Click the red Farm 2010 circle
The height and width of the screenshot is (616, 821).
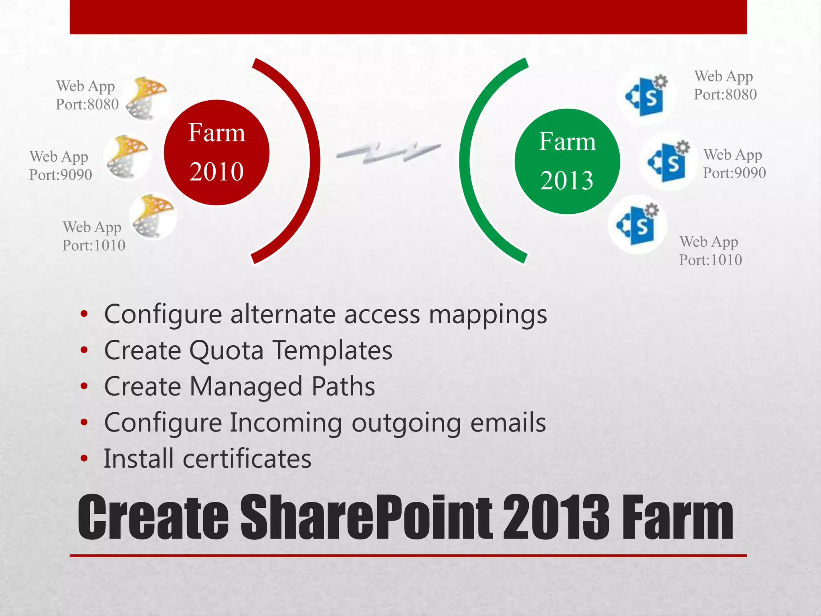point(216,153)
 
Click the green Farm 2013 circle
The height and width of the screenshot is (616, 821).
point(567,162)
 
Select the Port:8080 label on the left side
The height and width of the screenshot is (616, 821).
point(87,104)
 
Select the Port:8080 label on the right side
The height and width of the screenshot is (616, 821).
point(725,95)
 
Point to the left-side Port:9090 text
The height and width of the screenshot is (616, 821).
point(61,175)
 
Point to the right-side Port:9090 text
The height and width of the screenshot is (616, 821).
point(734,173)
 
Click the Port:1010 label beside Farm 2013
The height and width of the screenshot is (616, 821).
point(710,260)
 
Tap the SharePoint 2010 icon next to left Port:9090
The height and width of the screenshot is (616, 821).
point(127,157)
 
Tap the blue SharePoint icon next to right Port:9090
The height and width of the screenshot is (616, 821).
point(667,161)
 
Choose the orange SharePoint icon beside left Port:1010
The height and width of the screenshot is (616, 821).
point(153,216)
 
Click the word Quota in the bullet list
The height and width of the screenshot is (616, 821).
point(226,351)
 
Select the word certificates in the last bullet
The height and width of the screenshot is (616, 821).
point(247,459)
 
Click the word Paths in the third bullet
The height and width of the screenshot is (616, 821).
point(343,387)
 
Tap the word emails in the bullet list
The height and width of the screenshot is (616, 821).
point(508,423)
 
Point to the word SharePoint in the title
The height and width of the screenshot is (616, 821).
point(366,517)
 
